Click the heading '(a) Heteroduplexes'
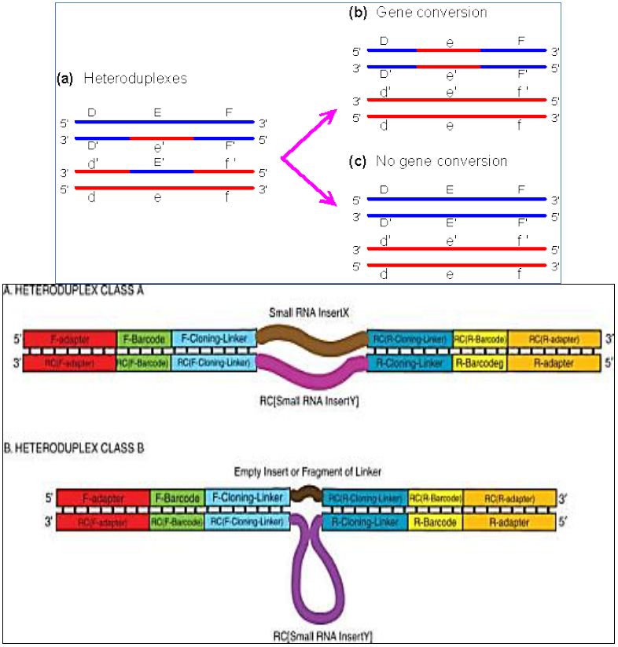pyautogui.click(x=121, y=79)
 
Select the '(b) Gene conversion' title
pyautogui.click(x=418, y=13)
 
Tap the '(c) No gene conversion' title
pyautogui.click(x=428, y=161)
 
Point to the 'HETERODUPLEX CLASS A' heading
pyautogui.click(x=58, y=289)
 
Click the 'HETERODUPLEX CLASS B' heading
pyautogui.click(x=58, y=448)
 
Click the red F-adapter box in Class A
pyautogui.click(x=70, y=339)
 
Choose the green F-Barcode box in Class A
pyautogui.click(x=143, y=339)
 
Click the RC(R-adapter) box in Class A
pyautogui.click(x=554, y=339)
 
